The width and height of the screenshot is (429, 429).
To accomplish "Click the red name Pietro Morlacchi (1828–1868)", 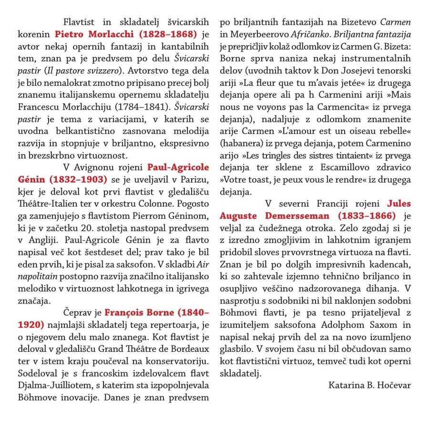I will (x=126, y=35).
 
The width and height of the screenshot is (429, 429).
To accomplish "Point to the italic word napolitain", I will (x=38, y=276).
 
